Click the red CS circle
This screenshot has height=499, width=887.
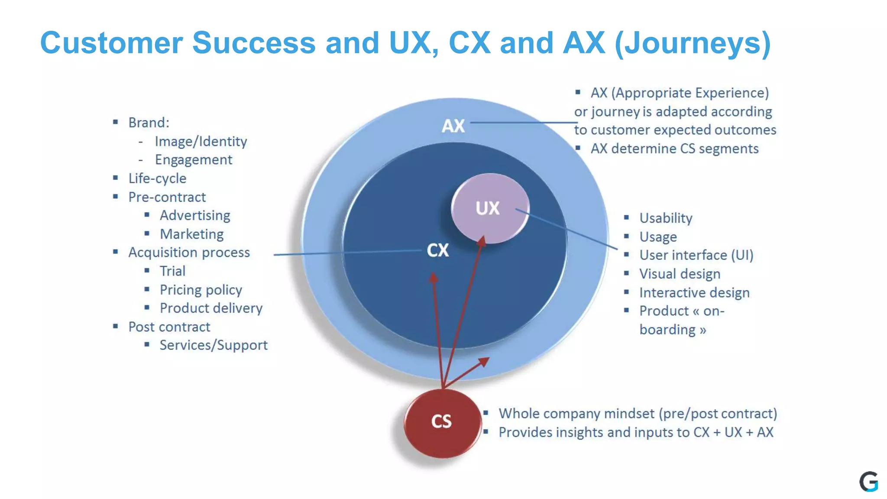coord(442,422)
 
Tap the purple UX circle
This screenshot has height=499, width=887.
coord(489,208)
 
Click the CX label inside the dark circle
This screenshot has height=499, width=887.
coord(438,250)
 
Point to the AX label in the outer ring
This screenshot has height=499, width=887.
coord(453,126)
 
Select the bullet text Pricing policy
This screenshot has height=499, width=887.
coord(201,290)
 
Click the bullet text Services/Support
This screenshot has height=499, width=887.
coord(213,345)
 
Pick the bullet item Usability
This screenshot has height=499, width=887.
coord(666,218)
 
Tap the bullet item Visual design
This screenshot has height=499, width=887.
coord(680,274)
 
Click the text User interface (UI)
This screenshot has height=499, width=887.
coord(696,255)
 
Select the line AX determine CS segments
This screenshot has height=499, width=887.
coord(674,149)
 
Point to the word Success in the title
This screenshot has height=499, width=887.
coord(254,43)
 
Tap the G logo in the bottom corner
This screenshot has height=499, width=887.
coord(868,482)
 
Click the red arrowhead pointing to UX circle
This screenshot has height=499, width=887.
coord(482,241)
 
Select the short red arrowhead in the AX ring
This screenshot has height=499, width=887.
coord(484,362)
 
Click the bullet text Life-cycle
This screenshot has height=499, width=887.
coord(157,178)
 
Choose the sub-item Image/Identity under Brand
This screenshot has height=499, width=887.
coord(201,141)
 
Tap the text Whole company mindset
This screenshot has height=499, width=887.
coord(576,414)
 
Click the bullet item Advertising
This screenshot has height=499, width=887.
coord(194,215)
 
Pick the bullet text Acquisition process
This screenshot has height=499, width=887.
coord(189,253)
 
